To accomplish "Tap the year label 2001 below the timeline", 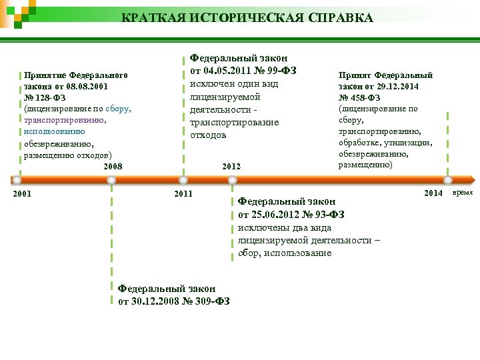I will coord(23,194).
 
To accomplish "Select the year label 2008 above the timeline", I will coord(113,166).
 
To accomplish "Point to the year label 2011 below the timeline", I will coord(182,194).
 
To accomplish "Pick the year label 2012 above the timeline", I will coord(231,166).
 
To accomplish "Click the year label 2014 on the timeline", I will coord(433,193).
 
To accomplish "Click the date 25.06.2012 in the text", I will coord(277,214).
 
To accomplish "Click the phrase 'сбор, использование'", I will coord(285,253).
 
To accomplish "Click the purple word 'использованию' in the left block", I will coord(54,132).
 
